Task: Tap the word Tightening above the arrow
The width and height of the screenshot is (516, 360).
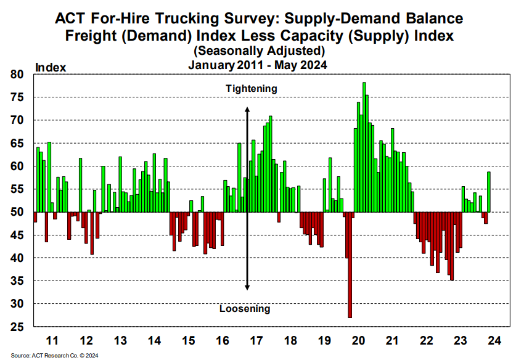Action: [251, 89]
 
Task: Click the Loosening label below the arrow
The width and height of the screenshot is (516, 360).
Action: [245, 309]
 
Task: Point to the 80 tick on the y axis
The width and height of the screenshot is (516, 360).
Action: [17, 75]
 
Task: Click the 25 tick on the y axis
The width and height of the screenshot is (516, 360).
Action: [17, 326]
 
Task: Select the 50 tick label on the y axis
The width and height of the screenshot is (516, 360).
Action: [17, 212]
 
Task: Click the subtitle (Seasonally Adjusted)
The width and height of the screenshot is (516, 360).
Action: [258, 50]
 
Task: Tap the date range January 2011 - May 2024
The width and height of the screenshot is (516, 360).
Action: [258, 63]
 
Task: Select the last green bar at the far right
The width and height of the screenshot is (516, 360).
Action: [489, 192]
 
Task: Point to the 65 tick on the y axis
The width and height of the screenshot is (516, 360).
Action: [17, 143]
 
